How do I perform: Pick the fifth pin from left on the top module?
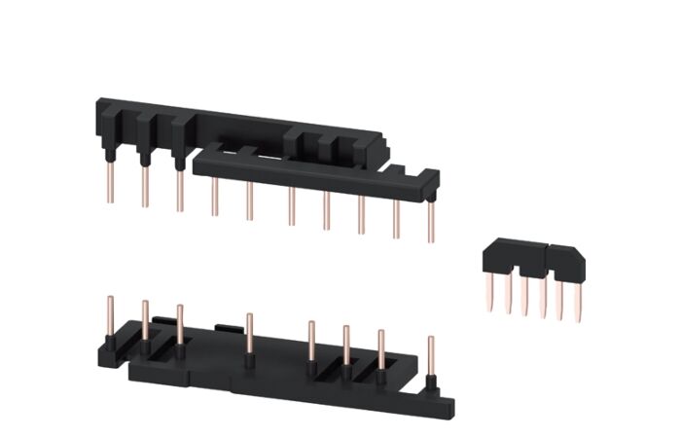[x=249, y=201]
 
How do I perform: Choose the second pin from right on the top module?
[x=396, y=216]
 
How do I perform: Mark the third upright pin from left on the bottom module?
[x=180, y=327]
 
